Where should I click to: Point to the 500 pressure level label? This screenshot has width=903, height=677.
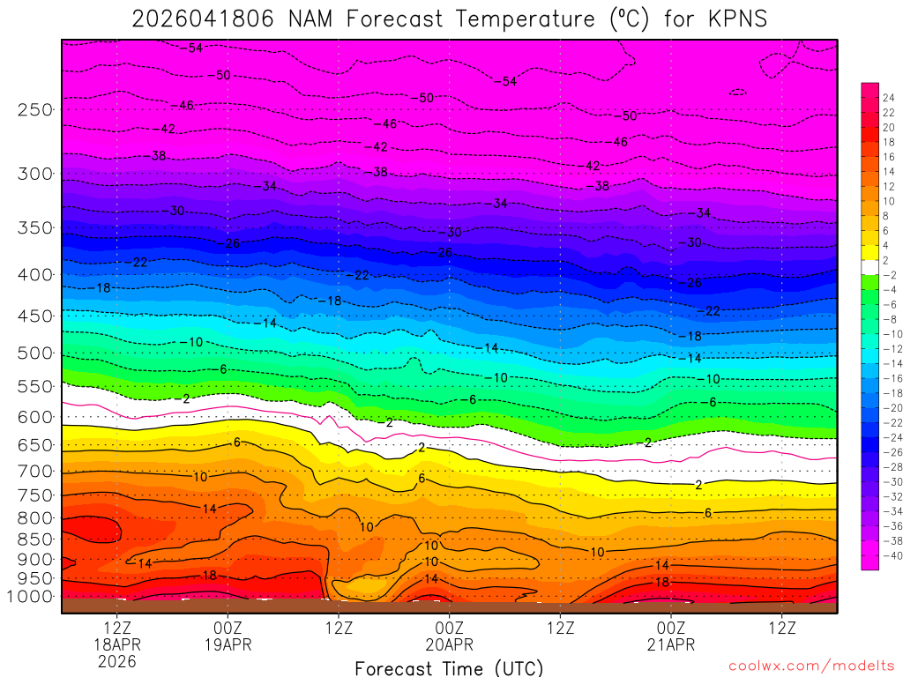pyautogui.click(x=34, y=353)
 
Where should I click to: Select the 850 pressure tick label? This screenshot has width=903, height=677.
pyautogui.click(x=34, y=538)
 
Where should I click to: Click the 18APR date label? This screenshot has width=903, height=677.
pyautogui.click(x=118, y=644)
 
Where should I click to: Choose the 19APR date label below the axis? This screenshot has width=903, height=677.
pyautogui.click(x=228, y=644)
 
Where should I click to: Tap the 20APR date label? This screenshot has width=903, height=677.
pyautogui.click(x=450, y=644)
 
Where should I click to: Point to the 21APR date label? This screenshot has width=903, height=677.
pyautogui.click(x=671, y=644)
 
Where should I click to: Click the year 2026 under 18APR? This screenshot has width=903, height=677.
pyautogui.click(x=118, y=661)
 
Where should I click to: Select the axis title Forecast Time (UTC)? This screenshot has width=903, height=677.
pyautogui.click(x=449, y=668)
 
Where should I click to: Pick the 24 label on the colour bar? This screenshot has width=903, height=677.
pyautogui.click(x=888, y=97)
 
